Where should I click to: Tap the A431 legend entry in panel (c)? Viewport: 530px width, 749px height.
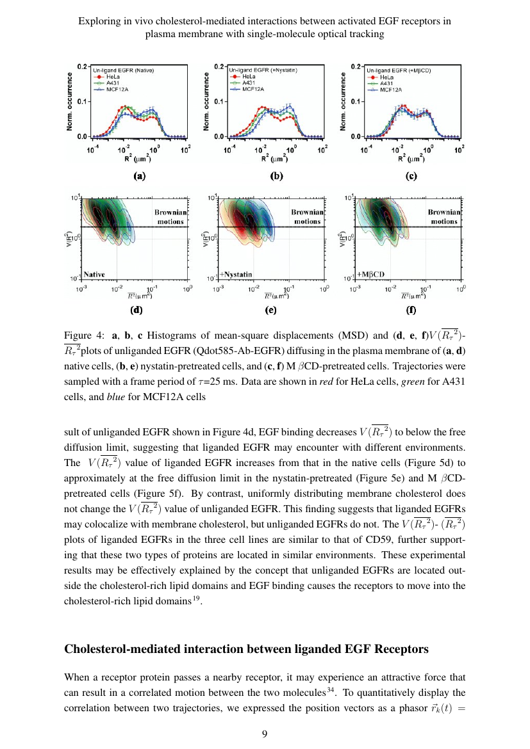click(386, 83)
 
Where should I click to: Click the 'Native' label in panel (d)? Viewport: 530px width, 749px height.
click(94, 274)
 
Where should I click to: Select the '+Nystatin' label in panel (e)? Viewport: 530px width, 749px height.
click(236, 274)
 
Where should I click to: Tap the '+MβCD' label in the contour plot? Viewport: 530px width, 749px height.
click(371, 274)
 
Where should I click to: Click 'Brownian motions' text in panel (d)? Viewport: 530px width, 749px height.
click(170, 216)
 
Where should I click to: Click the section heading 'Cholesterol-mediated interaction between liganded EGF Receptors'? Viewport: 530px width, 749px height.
click(246, 649)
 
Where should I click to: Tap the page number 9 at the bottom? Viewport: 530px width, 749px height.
click(265, 734)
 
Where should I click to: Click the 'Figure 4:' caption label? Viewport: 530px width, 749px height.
click(84, 335)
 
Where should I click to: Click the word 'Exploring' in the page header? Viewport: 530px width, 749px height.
click(99, 20)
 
